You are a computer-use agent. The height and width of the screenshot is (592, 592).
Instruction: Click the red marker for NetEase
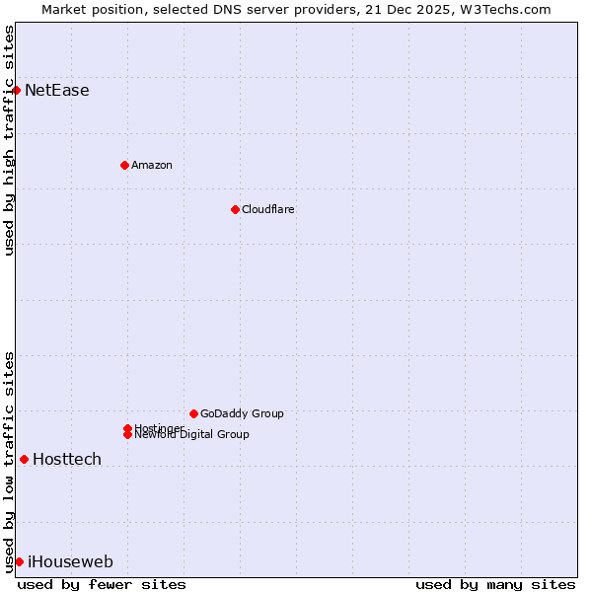click(16, 91)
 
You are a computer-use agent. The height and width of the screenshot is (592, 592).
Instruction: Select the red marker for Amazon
click(124, 165)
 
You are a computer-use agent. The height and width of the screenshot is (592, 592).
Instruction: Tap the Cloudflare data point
click(235, 209)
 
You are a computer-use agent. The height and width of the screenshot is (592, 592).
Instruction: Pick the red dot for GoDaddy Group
click(193, 413)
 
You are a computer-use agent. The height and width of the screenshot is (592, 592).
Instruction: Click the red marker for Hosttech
click(24, 459)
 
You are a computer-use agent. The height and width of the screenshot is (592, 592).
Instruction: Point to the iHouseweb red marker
click(19, 561)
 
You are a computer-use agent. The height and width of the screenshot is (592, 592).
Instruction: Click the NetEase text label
click(57, 91)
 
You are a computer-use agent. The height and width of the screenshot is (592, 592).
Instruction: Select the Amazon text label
click(152, 165)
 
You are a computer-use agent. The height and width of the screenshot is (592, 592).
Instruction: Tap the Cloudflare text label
click(268, 209)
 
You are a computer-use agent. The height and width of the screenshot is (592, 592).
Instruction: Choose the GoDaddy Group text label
click(242, 413)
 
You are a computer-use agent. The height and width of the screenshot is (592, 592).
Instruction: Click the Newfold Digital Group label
click(192, 435)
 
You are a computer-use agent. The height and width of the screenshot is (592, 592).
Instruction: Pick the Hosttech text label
click(67, 460)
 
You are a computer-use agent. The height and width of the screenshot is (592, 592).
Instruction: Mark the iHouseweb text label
click(70, 562)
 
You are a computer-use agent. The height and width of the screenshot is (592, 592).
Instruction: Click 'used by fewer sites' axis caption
click(102, 584)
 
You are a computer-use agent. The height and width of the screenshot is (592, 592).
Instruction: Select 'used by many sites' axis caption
click(495, 584)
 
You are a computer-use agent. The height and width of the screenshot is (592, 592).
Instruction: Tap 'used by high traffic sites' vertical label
click(9, 140)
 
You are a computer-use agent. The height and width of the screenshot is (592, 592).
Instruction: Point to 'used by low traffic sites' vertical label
click(9, 462)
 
